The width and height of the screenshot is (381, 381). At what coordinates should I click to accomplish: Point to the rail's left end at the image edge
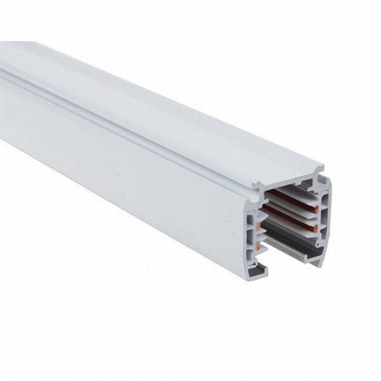(3, 70)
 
